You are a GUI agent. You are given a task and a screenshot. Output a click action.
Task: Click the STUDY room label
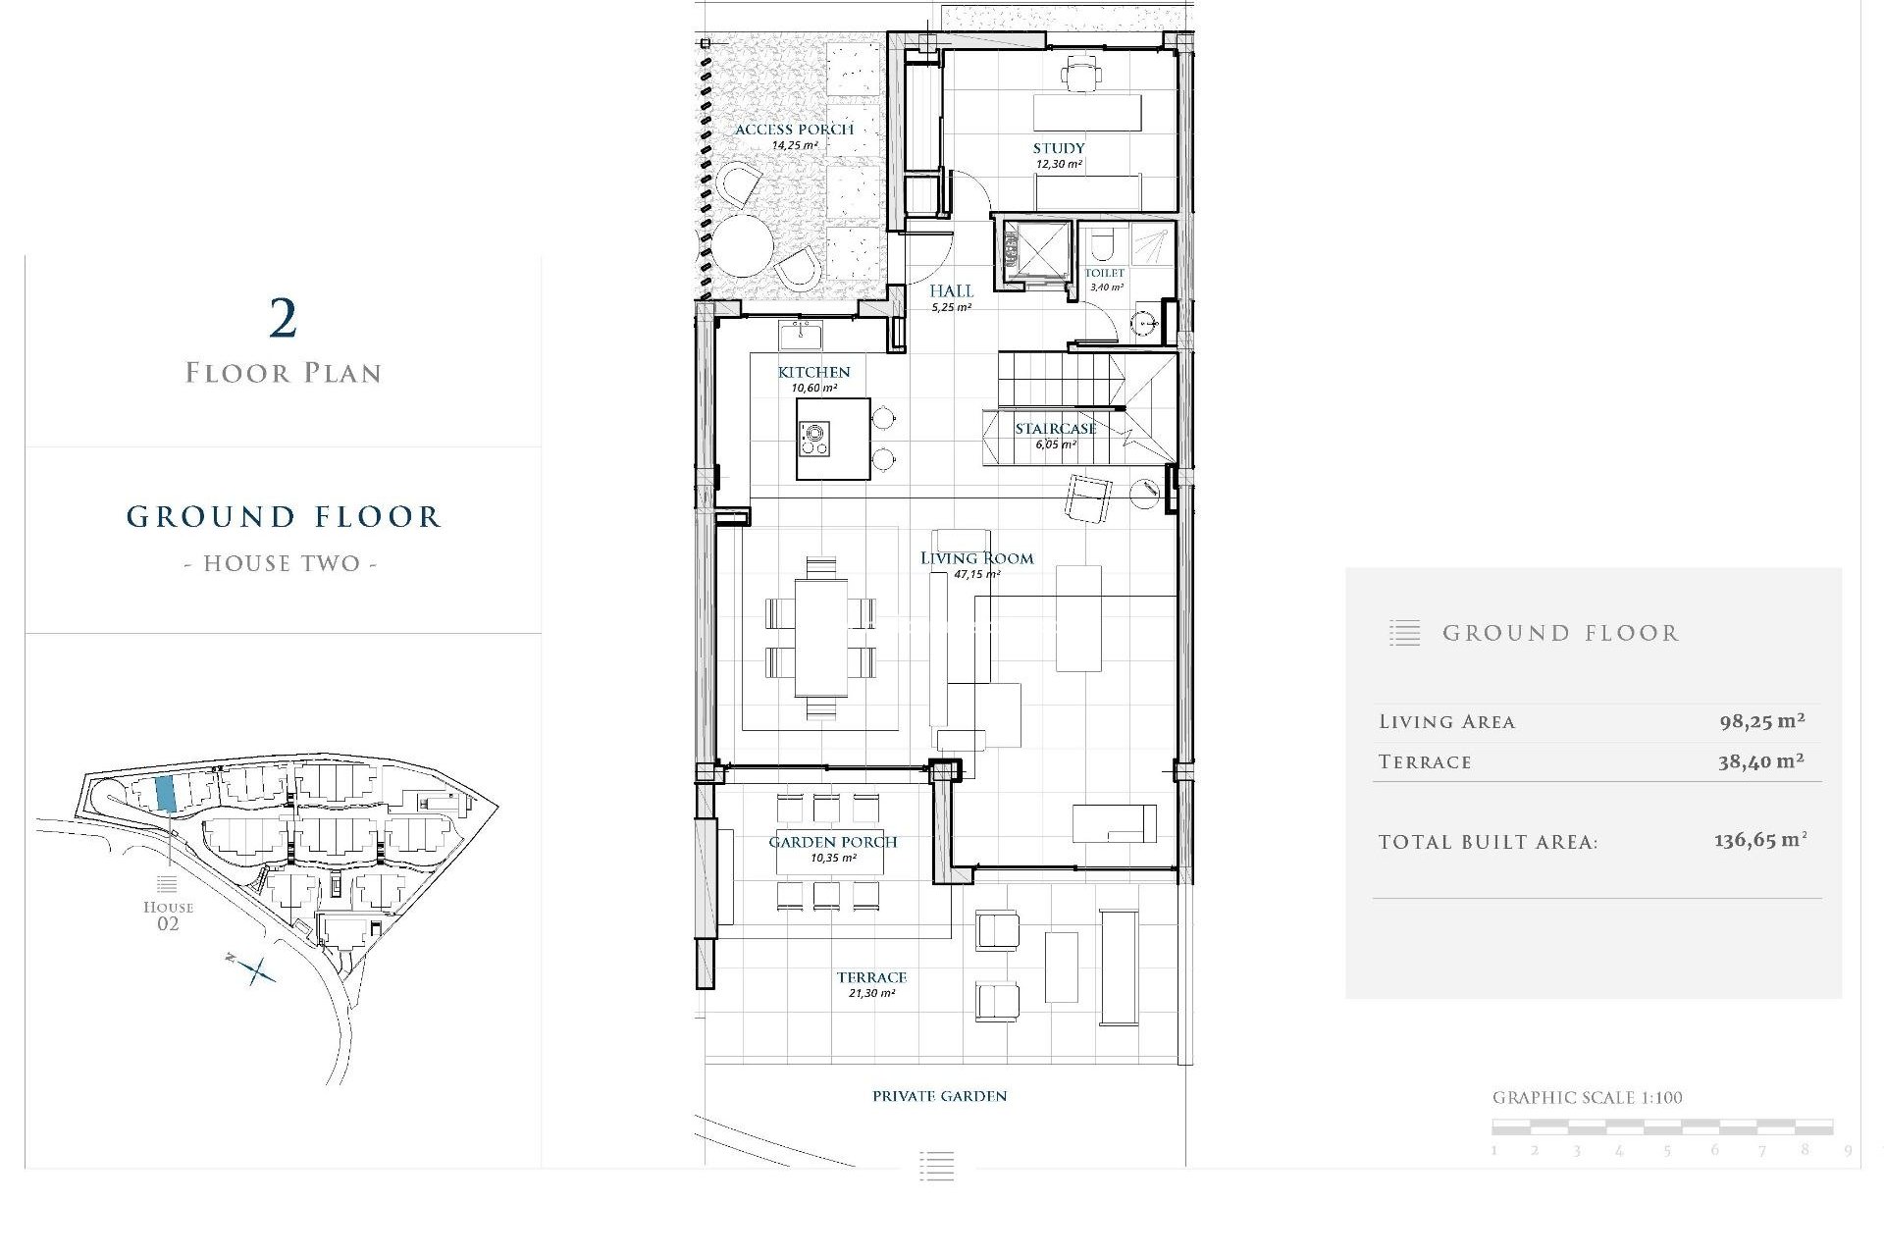[x=1058, y=148]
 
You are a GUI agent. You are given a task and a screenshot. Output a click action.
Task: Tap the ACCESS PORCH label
[x=794, y=130]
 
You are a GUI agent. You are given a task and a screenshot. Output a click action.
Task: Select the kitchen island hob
[x=813, y=439]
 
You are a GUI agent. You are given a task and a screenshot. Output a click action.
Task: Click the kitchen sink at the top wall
[x=801, y=335]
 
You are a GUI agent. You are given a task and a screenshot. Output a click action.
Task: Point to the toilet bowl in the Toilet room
[x=1103, y=244]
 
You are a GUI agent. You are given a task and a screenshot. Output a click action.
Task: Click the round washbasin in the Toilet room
[x=1144, y=323]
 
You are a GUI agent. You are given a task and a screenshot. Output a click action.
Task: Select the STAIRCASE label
[x=1055, y=429]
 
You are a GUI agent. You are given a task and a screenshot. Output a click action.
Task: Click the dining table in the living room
[x=820, y=637]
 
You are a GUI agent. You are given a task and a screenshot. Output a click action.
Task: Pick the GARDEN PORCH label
[x=832, y=842]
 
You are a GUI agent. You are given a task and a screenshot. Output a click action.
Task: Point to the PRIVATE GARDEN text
[x=939, y=1096]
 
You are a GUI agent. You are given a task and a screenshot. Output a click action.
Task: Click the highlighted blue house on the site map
[x=166, y=793]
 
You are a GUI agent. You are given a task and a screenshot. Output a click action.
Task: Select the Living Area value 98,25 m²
[x=1761, y=721]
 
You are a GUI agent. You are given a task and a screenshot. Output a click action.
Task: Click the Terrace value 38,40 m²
[x=1760, y=761]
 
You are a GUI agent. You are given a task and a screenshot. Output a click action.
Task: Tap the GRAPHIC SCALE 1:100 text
[x=1587, y=1098]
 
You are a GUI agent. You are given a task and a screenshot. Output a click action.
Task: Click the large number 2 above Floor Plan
[x=283, y=319]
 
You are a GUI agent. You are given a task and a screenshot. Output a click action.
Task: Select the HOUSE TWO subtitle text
[x=282, y=563]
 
